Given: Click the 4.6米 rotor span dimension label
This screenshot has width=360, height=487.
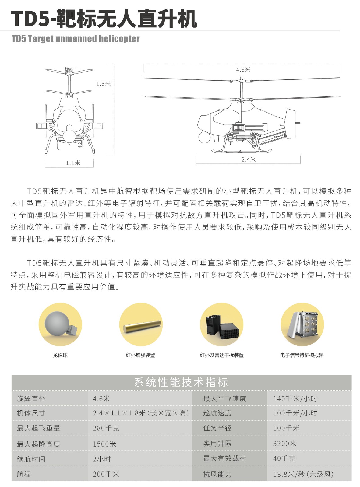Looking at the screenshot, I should pos(243,70).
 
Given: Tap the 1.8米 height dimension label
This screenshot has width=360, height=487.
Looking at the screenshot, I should pos(103,84).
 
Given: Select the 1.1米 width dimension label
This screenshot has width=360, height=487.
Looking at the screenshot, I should pos(73,163).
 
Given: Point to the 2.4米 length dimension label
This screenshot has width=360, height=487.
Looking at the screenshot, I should pos(249,159).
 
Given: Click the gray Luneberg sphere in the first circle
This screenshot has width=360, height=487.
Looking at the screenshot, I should pos(57,323).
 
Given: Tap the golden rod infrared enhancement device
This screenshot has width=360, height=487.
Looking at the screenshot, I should pos(142,326).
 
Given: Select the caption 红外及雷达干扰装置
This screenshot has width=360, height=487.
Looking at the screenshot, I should pos(221,355).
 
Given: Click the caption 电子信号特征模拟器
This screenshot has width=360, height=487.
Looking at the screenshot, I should pos(302,355).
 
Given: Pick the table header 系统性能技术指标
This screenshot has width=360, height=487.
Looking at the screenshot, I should pos(181,382).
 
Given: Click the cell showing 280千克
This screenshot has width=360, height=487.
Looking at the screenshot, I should pos(106,428).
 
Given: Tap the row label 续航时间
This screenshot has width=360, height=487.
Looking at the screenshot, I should pos(31,459).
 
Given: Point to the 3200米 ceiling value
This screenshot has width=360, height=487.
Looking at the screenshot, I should pos(284,443).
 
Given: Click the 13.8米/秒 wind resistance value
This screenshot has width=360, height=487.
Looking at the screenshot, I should pos(303,474).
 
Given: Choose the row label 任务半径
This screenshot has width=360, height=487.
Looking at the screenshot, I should pos(217,428).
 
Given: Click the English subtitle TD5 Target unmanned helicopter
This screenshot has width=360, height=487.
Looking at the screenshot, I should pos(75,39).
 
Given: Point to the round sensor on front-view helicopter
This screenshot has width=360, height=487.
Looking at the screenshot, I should pos(69,134).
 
